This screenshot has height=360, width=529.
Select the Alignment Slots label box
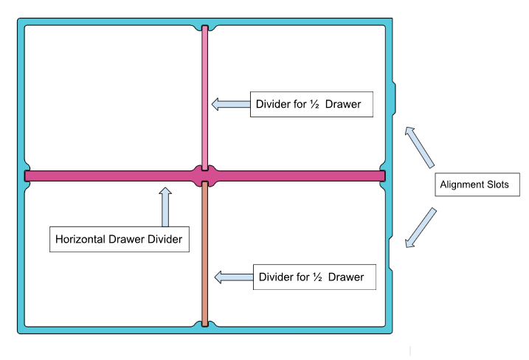474,184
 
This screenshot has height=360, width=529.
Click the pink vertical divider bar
205,96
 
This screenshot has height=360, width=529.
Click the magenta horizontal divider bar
111,176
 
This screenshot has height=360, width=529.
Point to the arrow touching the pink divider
229,104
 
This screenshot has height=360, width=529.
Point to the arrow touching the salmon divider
232,277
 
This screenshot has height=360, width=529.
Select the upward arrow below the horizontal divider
165,207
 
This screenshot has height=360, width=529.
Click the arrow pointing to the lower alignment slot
421,227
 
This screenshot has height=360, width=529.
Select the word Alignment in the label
463,184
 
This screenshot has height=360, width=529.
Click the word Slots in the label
497,184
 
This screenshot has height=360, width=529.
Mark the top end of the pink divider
205,30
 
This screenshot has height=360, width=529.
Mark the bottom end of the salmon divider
205,322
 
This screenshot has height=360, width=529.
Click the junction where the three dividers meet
205,176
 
